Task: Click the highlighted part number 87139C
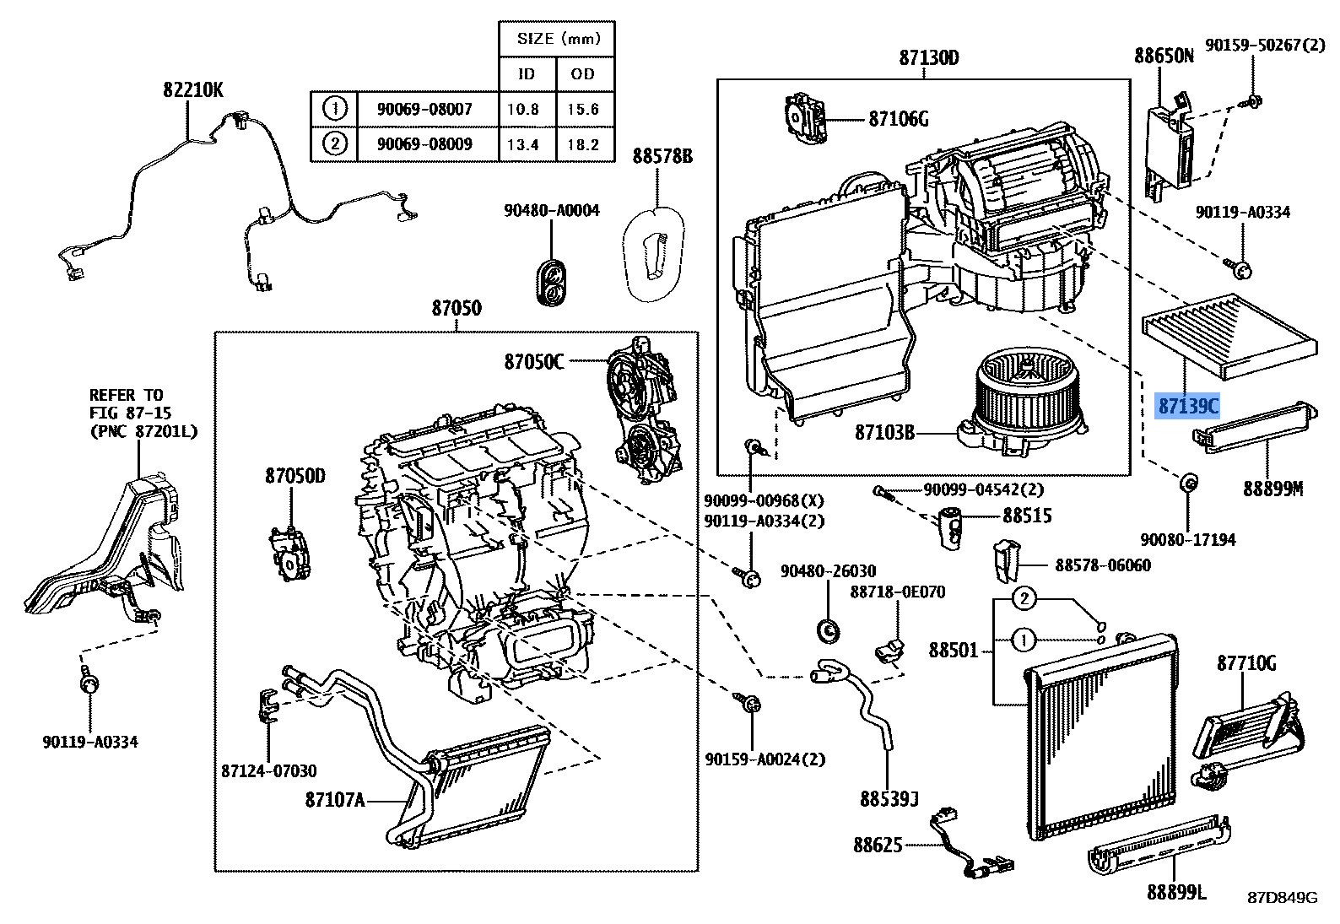pyautogui.click(x=1188, y=407)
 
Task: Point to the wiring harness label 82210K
pyautogui.click(x=193, y=89)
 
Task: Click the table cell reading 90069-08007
pyautogui.click(x=424, y=110)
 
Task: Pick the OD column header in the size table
pyautogui.click(x=583, y=74)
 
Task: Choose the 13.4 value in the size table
pyautogui.click(x=523, y=144)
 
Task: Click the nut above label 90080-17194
pyautogui.click(x=1187, y=484)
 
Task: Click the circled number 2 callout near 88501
pyautogui.click(x=1023, y=599)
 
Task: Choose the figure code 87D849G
pyautogui.click(x=1283, y=897)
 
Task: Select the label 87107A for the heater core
pyautogui.click(x=335, y=799)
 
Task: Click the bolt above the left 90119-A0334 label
pyautogui.click(x=89, y=682)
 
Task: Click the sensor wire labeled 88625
pyautogui.click(x=970, y=844)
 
